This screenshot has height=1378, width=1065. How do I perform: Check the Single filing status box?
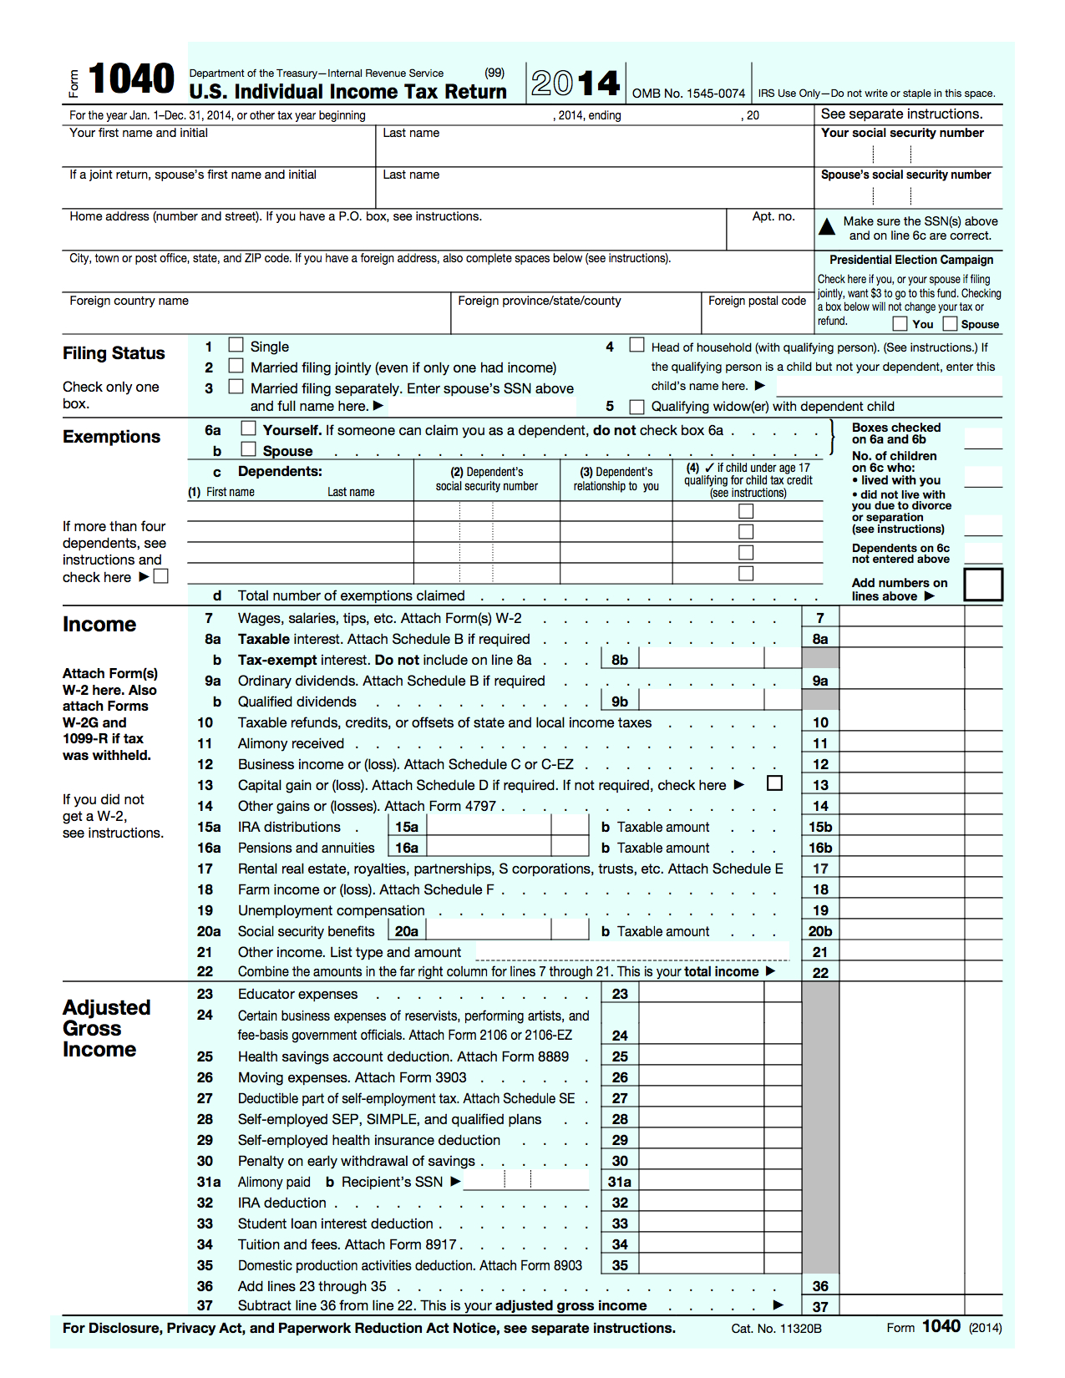(x=236, y=345)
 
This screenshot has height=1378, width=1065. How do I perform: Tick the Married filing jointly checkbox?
(x=236, y=366)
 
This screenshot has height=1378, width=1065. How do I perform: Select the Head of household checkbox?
(x=637, y=345)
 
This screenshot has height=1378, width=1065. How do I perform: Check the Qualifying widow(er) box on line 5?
(x=637, y=407)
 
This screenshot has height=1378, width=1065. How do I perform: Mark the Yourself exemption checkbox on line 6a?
(x=248, y=428)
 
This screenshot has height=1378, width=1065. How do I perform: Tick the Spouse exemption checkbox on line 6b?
(x=248, y=449)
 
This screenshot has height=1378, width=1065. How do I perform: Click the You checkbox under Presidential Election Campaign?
(x=900, y=323)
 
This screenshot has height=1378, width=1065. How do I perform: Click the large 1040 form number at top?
(x=131, y=80)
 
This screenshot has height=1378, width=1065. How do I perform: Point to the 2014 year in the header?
(x=576, y=84)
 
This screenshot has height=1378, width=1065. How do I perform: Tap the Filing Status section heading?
(x=114, y=353)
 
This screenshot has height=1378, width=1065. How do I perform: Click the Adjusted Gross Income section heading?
(x=106, y=1028)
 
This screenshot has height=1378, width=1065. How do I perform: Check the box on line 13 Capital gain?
(x=775, y=783)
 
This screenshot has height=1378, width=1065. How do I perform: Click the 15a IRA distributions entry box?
(x=489, y=827)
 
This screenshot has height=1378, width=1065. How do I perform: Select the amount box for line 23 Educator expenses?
(x=701, y=994)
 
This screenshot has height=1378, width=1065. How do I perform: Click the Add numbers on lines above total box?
(x=983, y=585)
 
